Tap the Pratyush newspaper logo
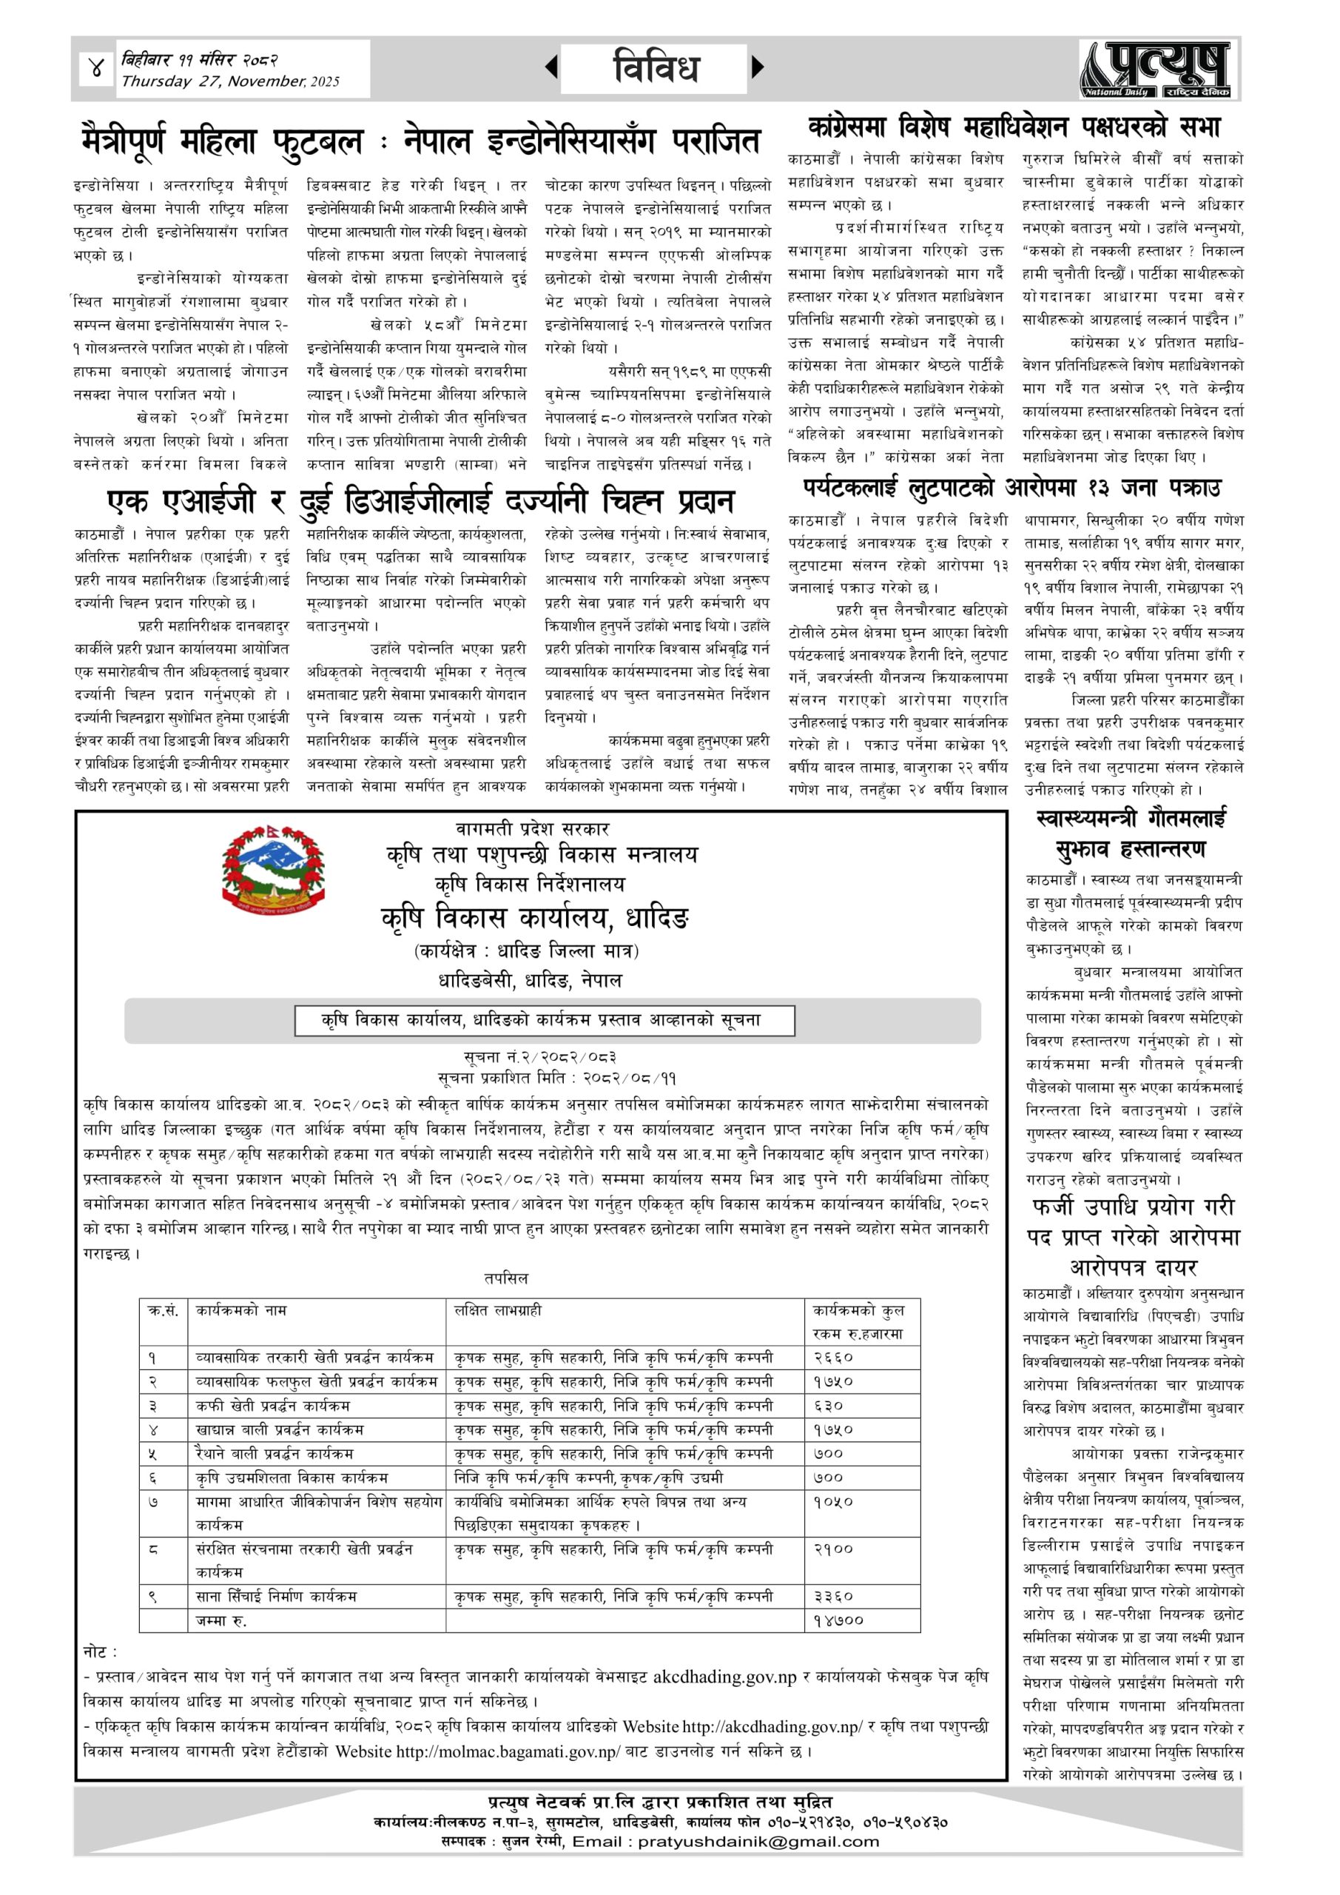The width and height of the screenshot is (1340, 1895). click(x=1159, y=70)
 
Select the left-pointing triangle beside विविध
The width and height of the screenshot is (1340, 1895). click(x=551, y=67)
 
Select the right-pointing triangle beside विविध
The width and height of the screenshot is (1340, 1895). click(x=758, y=67)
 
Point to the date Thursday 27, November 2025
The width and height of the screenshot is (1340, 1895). click(x=230, y=81)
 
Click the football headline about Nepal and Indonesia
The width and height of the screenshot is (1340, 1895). click(x=421, y=141)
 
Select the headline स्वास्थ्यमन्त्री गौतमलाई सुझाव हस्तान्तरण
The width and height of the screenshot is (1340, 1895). click(x=1131, y=834)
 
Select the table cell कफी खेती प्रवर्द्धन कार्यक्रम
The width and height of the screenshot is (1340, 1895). click(x=273, y=1406)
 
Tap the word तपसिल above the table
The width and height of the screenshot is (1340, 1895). click(x=506, y=1278)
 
